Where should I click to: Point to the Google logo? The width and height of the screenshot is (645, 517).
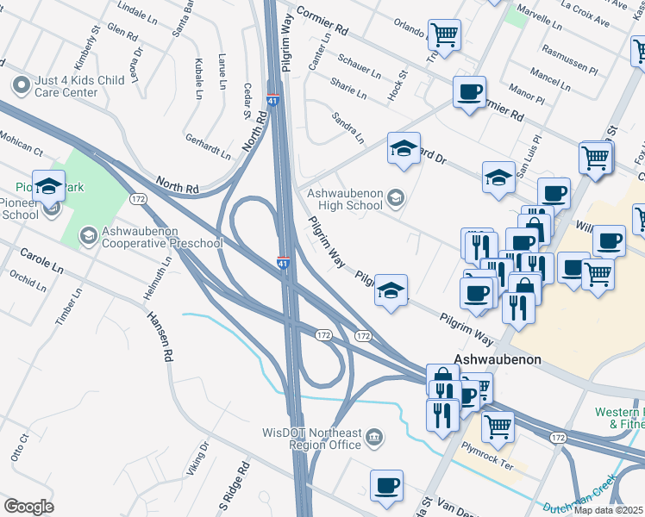pos(28,507)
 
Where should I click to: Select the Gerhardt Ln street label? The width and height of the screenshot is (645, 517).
pos(208,147)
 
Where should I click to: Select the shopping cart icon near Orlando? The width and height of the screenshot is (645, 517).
pos(445,35)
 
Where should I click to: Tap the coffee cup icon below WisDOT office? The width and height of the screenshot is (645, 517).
pos(386,485)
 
